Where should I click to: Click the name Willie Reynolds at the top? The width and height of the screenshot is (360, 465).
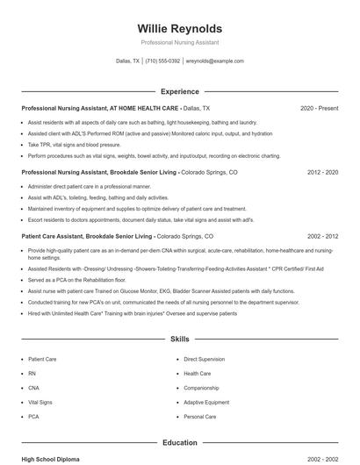click(179, 28)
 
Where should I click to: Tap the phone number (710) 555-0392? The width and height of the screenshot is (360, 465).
click(162, 61)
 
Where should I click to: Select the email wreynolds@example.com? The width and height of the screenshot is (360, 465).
click(214, 61)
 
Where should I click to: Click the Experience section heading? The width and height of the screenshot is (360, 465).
click(179, 91)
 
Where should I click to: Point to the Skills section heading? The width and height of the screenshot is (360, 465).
click(179, 338)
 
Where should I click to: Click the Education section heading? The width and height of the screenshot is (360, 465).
click(179, 443)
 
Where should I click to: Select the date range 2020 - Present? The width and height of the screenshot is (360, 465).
click(319, 108)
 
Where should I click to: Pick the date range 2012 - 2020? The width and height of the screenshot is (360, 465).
click(322, 173)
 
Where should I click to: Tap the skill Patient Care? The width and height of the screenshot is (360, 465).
click(42, 360)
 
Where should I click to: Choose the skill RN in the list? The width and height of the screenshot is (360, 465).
click(32, 374)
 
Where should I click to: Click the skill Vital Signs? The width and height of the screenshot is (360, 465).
click(40, 402)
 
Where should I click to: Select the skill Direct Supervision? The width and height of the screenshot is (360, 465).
click(204, 360)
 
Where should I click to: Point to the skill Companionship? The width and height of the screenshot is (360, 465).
click(201, 388)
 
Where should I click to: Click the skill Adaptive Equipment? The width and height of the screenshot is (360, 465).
click(206, 402)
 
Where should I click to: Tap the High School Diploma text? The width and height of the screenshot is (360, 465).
click(51, 459)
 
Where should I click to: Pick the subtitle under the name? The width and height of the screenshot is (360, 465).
click(179, 42)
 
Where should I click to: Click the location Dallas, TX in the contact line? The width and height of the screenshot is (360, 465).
click(127, 61)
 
